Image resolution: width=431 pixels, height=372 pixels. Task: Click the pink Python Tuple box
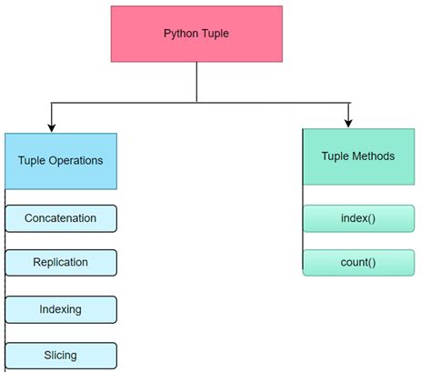pos(196,35)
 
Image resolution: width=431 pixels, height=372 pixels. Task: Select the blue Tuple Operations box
pos(60,161)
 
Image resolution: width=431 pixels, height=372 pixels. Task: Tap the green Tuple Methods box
pos(357,156)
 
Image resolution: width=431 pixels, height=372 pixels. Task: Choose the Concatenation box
pos(61,218)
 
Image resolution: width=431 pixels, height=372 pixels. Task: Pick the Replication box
pos(61,262)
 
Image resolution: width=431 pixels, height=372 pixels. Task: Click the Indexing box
pos(61,309)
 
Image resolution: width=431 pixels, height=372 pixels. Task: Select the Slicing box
pos(61,355)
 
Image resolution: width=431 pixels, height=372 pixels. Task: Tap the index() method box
pos(357,218)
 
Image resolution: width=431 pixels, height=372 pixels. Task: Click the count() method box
pos(357,263)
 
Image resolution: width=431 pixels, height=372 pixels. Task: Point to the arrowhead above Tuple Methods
pos(348,120)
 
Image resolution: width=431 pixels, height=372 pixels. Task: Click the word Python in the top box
pos(180,35)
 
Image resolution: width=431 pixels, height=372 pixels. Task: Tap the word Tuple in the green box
pos(335,156)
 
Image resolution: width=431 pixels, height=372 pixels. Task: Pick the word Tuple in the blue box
pos(32,161)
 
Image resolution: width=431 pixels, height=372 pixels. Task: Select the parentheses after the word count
pos(371,263)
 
